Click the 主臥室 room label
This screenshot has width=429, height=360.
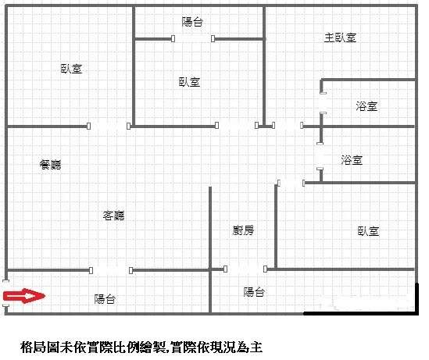(340, 37)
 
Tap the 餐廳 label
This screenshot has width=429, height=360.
(50, 165)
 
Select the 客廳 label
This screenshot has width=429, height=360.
(113, 216)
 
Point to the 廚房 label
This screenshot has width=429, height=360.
(243, 230)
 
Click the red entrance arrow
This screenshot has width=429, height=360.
(24, 296)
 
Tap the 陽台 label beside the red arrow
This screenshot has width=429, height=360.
(105, 299)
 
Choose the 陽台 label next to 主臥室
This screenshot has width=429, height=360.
(192, 22)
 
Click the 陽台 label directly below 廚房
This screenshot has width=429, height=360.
(254, 292)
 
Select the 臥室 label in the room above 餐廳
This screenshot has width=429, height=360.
(71, 69)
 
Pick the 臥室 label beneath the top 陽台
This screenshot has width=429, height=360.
(189, 82)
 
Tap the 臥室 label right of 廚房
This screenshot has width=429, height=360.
(368, 231)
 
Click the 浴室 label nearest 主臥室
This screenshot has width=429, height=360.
(366, 106)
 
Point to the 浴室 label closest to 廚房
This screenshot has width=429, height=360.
(352, 160)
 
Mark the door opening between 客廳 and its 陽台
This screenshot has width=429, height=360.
(111, 270)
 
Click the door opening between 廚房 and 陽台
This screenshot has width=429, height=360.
(245, 269)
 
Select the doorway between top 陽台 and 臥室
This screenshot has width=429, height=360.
(193, 38)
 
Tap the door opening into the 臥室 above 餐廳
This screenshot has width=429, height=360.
(109, 126)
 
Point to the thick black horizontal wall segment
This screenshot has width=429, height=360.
(360, 313)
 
